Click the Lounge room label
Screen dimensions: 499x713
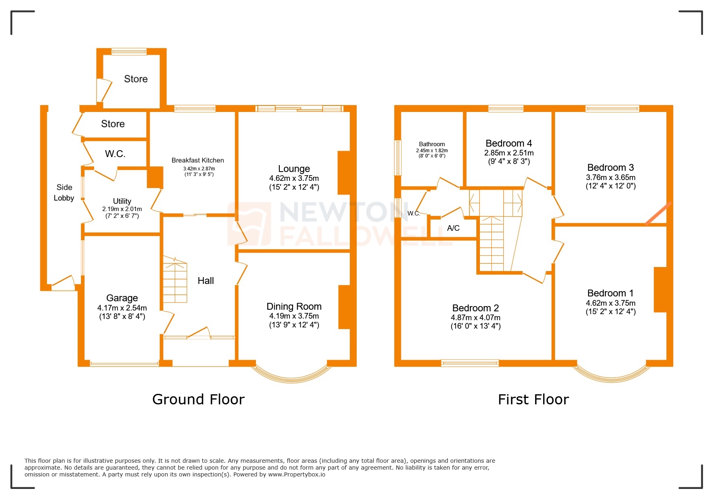click(294, 169)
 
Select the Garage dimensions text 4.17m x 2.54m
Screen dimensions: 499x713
click(122, 308)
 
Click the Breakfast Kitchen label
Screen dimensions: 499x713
click(198, 160)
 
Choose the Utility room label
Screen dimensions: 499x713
click(122, 201)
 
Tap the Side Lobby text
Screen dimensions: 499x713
click(64, 193)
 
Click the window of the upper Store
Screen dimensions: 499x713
click(129, 52)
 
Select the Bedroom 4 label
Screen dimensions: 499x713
click(508, 143)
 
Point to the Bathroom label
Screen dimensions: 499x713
click(432, 144)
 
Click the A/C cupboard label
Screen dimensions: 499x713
click(453, 228)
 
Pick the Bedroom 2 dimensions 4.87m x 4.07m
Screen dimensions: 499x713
click(475, 317)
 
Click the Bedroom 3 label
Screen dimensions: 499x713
click(610, 168)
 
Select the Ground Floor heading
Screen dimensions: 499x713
click(198, 400)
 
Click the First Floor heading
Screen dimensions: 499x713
click(533, 400)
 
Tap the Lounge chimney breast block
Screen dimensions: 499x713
click(344, 173)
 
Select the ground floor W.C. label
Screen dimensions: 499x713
click(115, 154)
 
